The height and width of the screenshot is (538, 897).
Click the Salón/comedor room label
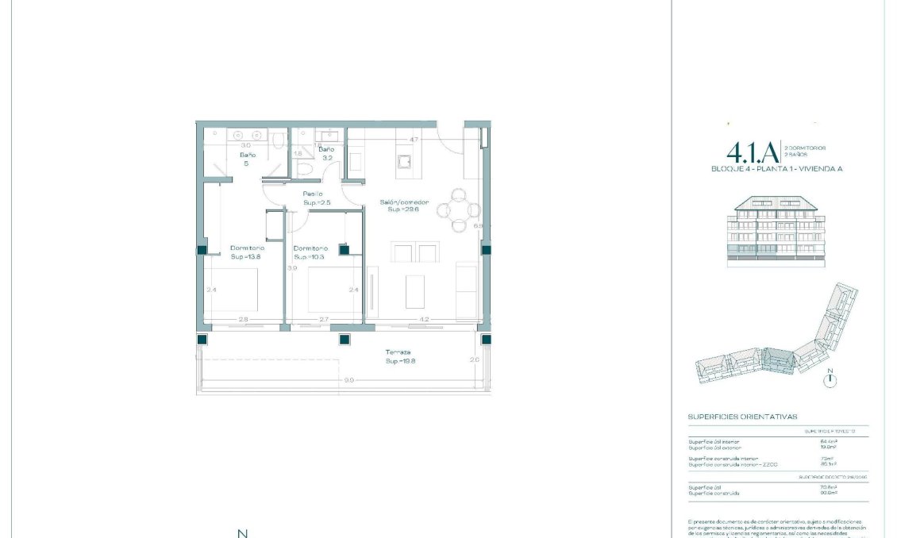click(x=408, y=202)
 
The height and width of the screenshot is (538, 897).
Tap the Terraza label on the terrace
click(x=398, y=352)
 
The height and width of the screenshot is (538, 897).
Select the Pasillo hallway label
click(x=312, y=194)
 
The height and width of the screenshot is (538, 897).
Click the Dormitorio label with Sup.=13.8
click(x=245, y=248)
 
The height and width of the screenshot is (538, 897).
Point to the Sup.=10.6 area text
click(x=309, y=257)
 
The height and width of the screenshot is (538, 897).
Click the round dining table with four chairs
click(x=460, y=209)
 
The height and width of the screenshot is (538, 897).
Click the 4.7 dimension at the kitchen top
click(x=413, y=140)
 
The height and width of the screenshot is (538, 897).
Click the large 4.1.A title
click(x=751, y=152)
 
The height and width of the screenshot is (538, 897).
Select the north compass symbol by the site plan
click(x=830, y=379)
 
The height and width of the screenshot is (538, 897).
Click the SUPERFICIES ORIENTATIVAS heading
click(x=742, y=417)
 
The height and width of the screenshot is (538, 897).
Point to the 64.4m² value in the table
click(x=826, y=441)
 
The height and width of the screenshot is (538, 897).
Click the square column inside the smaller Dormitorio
click(x=344, y=249)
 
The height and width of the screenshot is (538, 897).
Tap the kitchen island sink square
click(x=404, y=162)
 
